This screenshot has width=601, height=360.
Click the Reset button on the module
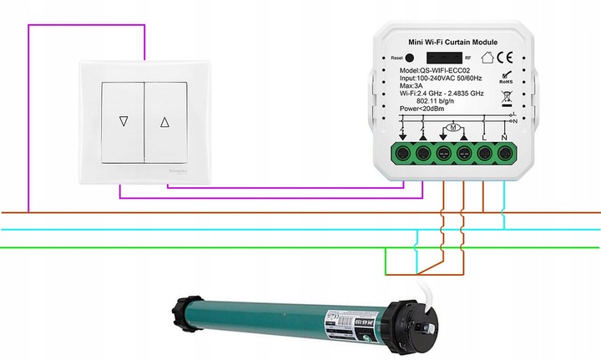(410, 58)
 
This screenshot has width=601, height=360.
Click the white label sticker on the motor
(351, 321)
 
